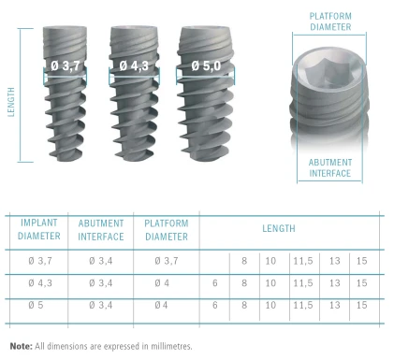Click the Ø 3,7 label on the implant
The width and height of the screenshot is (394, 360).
click(x=66, y=65)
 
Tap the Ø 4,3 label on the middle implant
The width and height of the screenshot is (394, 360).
click(x=134, y=65)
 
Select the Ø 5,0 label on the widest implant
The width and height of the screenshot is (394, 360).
click(x=206, y=65)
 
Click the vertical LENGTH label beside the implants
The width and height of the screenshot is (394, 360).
click(x=11, y=102)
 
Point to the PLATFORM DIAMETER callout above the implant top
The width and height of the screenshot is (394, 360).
click(x=330, y=22)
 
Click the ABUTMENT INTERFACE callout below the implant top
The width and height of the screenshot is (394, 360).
click(x=330, y=167)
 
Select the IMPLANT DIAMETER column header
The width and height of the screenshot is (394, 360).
click(x=39, y=229)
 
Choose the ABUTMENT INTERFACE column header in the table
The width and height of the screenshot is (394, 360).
click(x=101, y=230)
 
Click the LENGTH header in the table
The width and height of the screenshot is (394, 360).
click(x=279, y=228)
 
